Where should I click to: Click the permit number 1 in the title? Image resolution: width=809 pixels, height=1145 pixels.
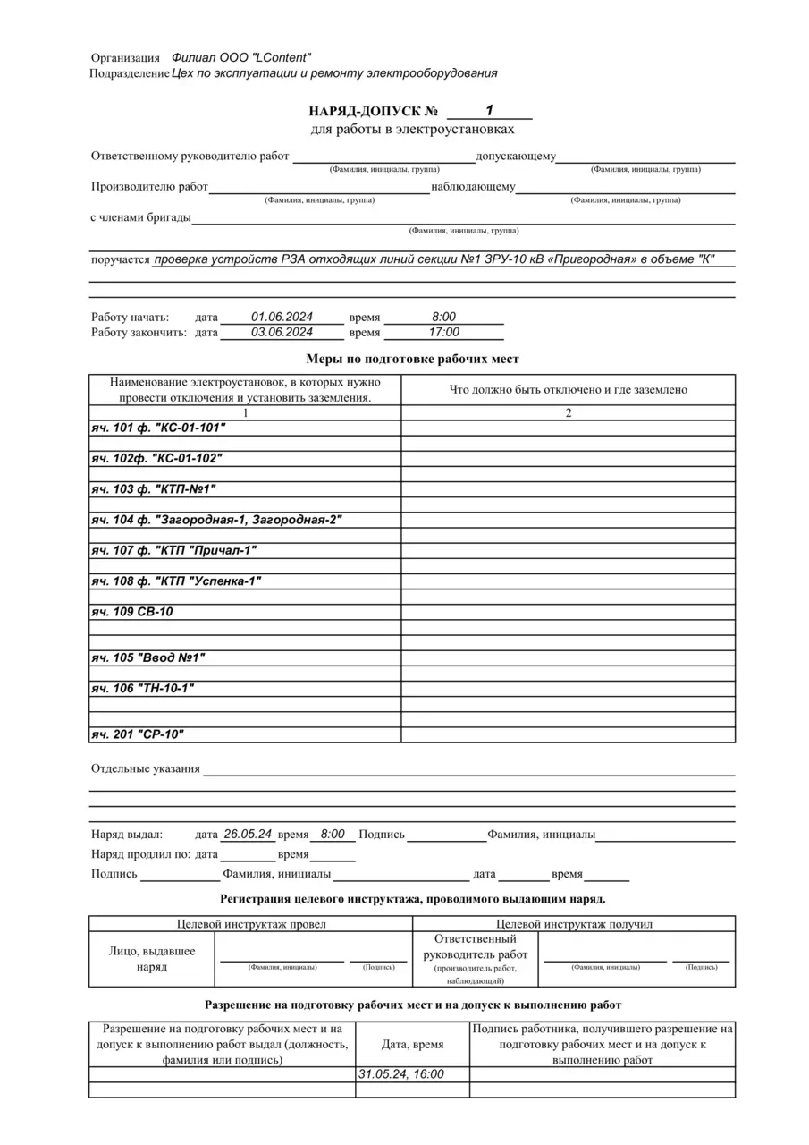coord(489,110)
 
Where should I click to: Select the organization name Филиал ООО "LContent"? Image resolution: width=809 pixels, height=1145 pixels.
coord(241,57)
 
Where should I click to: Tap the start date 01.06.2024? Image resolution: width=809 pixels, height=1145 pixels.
coord(282,317)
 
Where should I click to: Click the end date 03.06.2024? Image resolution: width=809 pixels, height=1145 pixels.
coord(282,332)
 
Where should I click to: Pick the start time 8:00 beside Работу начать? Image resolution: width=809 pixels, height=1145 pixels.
coord(443,317)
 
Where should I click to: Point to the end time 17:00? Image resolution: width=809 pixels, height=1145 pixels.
coord(443,332)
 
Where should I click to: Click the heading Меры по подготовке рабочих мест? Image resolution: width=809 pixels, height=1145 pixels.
coord(412,359)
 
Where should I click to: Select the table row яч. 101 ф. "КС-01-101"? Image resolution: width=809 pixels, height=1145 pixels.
coord(158,428)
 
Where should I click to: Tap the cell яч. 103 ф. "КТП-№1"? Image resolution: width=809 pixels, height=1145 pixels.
coord(154,489)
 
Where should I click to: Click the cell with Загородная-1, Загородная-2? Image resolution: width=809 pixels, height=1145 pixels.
coord(216,520)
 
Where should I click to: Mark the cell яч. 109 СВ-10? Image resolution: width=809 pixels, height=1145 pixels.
coord(132,612)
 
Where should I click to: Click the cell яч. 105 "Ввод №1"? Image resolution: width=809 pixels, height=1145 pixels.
coord(148,658)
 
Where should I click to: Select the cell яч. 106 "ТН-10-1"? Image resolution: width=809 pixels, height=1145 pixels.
coord(143,689)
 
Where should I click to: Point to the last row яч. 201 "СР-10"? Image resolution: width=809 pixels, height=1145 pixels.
coord(139,734)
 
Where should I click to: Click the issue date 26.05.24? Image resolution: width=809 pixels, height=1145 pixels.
coord(248,834)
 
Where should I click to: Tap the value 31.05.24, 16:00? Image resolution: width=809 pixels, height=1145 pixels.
coord(400,1074)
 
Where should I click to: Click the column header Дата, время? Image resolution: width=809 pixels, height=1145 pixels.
coord(412,1044)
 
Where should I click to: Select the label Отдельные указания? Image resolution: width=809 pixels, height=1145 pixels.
coord(146,768)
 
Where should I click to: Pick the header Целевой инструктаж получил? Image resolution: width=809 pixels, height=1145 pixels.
coord(574,923)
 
